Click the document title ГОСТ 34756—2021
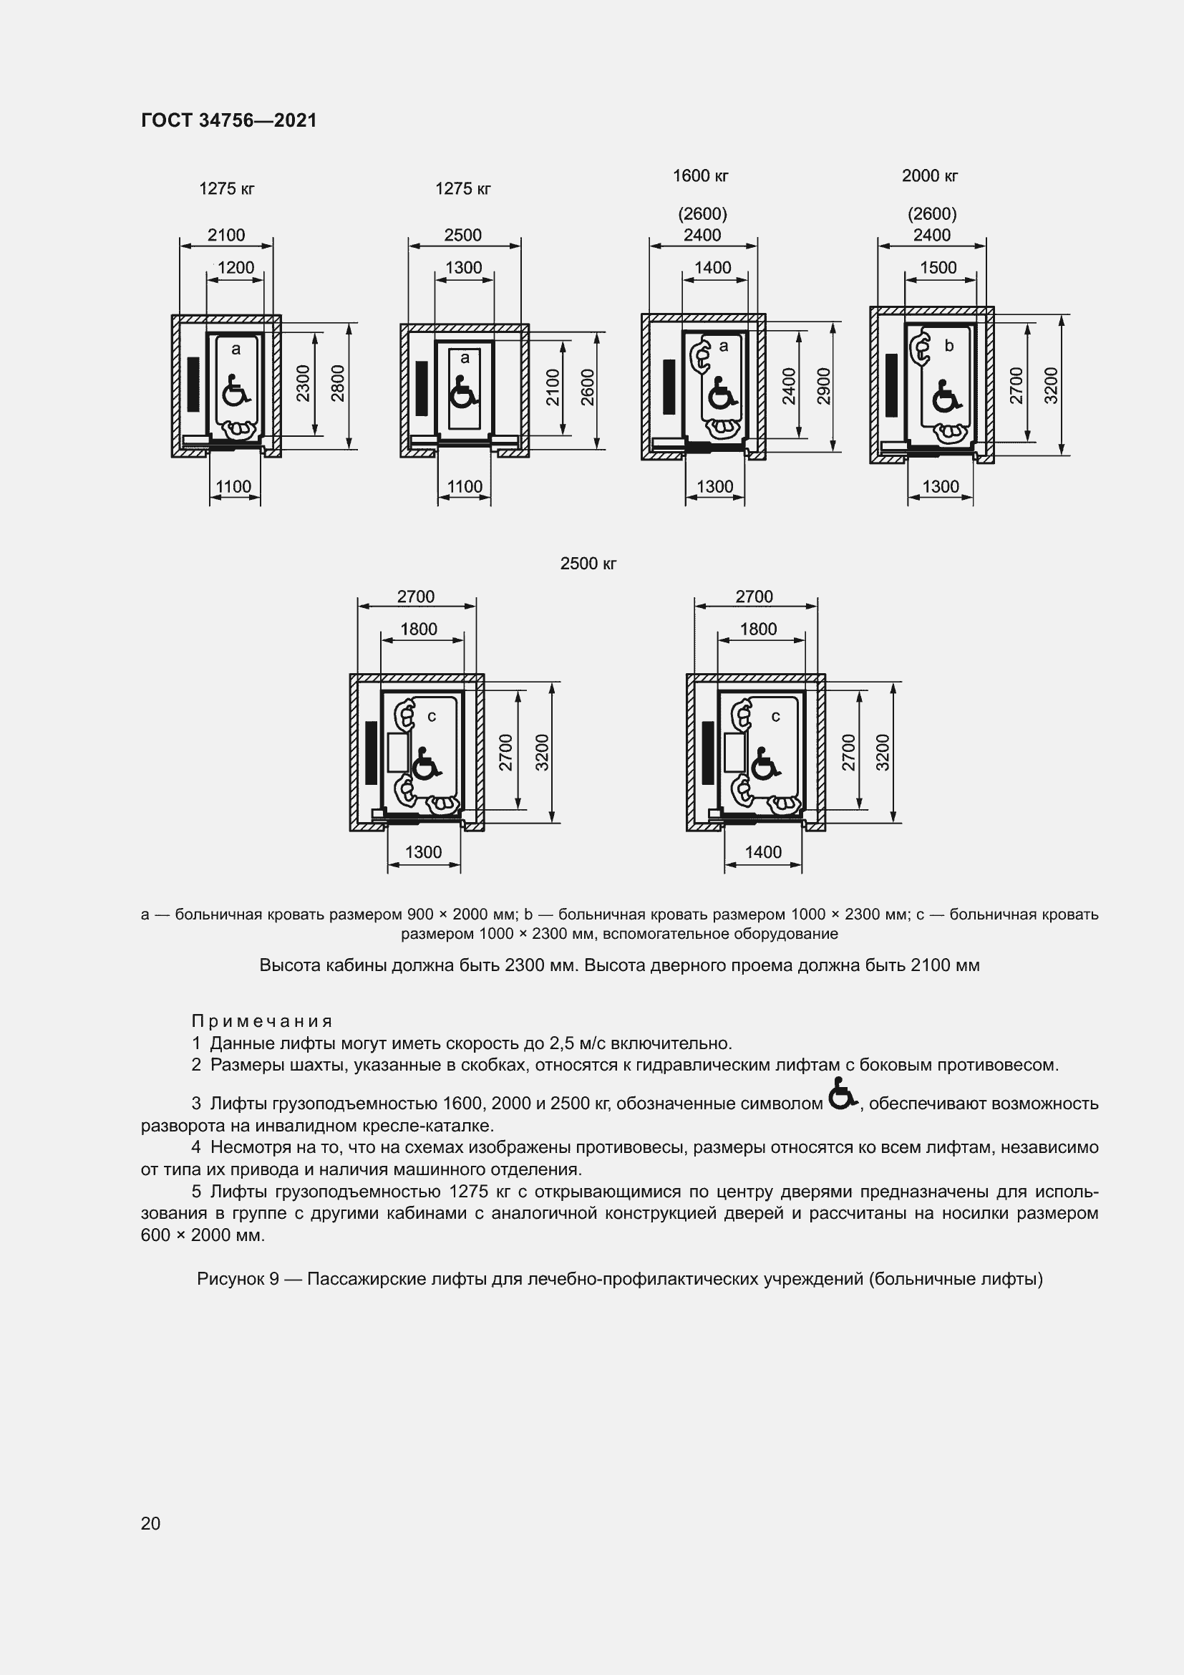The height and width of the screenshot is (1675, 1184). (229, 120)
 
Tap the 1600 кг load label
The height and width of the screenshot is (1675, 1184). (700, 176)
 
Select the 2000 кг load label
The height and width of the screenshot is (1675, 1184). (930, 176)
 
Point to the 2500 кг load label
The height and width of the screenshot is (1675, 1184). (588, 564)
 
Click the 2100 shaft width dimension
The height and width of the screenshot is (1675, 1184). (226, 235)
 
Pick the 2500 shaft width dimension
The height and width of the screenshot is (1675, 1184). (463, 235)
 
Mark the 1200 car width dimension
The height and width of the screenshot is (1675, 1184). (236, 268)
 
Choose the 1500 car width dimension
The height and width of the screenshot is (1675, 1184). (938, 268)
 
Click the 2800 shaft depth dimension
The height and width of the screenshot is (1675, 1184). (338, 384)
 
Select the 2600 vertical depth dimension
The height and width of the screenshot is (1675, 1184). (588, 387)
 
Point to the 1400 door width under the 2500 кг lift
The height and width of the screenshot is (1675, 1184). (762, 852)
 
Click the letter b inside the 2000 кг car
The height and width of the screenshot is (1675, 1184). (948, 346)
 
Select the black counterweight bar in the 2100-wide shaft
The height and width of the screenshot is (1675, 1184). (193, 384)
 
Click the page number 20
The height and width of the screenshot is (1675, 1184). (150, 1523)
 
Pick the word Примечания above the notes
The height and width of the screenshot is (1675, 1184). (262, 1021)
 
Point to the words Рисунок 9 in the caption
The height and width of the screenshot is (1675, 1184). (238, 1279)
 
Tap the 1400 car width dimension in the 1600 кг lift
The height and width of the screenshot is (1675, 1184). (712, 268)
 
